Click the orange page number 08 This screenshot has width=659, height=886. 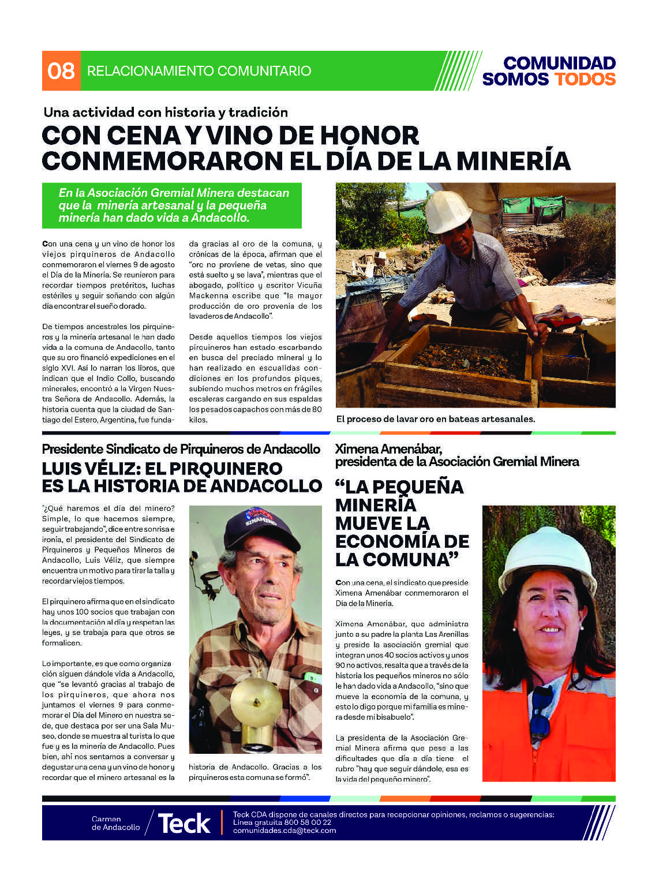pyautogui.click(x=61, y=71)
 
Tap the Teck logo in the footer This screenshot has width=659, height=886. pyautogui.click(x=184, y=823)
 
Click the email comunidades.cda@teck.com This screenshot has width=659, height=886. pyautogui.click(x=284, y=831)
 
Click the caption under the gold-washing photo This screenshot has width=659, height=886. pyautogui.click(x=436, y=419)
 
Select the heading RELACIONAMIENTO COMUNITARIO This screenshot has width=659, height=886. pyautogui.click(x=199, y=71)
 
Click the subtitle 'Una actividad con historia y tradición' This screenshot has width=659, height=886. pyautogui.click(x=165, y=112)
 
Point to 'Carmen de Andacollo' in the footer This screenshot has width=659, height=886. pyautogui.click(x=115, y=823)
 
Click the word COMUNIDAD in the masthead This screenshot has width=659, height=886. pyautogui.click(x=559, y=63)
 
